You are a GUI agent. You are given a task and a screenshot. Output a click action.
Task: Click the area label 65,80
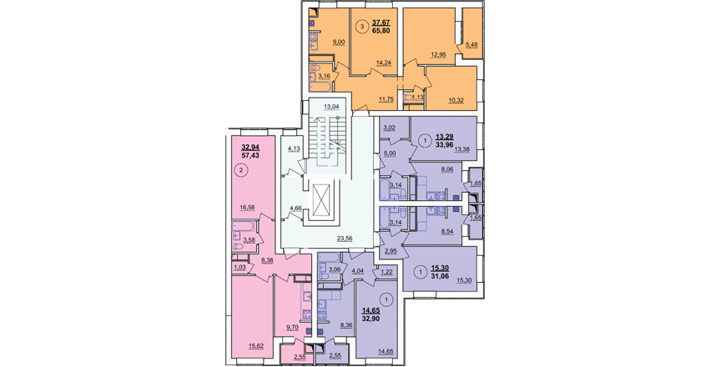pos(381,32)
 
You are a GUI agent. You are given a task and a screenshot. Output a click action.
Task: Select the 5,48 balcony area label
pos(472,44)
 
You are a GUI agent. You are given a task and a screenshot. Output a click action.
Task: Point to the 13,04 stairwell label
pos(331,107)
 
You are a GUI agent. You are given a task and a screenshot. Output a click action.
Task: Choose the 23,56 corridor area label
pos(344,239)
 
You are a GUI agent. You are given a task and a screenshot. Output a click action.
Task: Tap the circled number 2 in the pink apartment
pos(242,170)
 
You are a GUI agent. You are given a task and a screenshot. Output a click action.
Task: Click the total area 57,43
pos(250,156)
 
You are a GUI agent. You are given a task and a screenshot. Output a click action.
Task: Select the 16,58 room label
pos(247,207)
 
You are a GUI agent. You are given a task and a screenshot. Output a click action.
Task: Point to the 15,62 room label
pos(256,345)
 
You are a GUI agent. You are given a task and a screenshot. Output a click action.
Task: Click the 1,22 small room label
pos(386,271)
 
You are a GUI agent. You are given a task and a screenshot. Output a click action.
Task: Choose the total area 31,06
pos(440,276)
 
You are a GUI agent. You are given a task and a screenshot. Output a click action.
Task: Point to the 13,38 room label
pos(461,149)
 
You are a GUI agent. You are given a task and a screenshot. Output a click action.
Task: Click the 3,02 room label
pos(390,127)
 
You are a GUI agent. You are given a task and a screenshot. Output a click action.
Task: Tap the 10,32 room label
pos(456,100)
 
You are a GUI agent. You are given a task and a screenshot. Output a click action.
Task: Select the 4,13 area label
pos(294,148)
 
